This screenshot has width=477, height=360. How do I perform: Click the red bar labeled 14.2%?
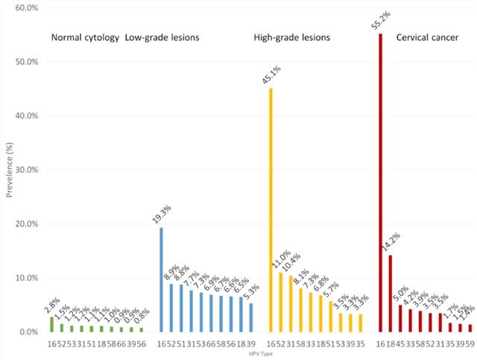click(x=391, y=294)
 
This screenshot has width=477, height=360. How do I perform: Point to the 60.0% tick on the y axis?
click(x=26, y=8)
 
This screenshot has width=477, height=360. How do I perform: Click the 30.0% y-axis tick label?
click(x=26, y=170)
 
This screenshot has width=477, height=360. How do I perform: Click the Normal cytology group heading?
click(x=85, y=37)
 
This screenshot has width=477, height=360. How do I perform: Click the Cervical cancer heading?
click(x=427, y=37)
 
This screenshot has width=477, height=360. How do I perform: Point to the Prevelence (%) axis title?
click(x=8, y=170)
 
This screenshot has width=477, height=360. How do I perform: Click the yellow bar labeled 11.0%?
click(x=280, y=302)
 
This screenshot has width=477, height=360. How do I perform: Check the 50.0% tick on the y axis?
click(x=26, y=62)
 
